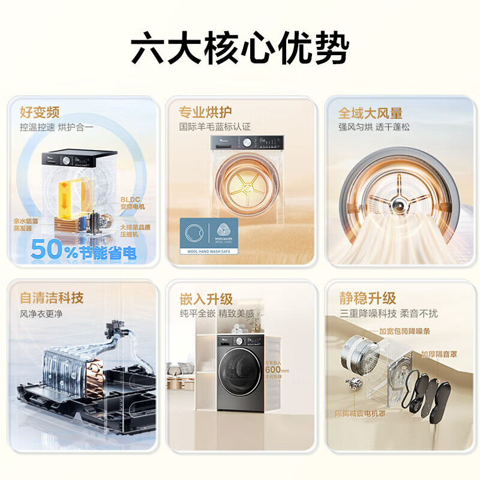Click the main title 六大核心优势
[x=239, y=50]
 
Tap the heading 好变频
[x=40, y=112]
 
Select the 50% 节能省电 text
[x=84, y=249]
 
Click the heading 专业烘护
[x=205, y=112]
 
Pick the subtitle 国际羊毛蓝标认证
[x=214, y=127]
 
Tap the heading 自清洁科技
[x=52, y=298]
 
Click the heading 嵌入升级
[x=206, y=298]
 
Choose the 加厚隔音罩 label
[x=442, y=353]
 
